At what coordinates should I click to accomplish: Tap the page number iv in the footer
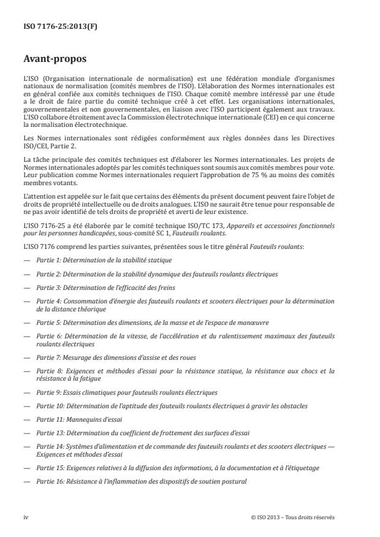(26, 517)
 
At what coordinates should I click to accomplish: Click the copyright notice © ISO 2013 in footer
(293, 517)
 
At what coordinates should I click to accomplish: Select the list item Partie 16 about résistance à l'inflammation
(141, 481)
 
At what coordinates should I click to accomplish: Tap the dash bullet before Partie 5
(27, 322)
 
